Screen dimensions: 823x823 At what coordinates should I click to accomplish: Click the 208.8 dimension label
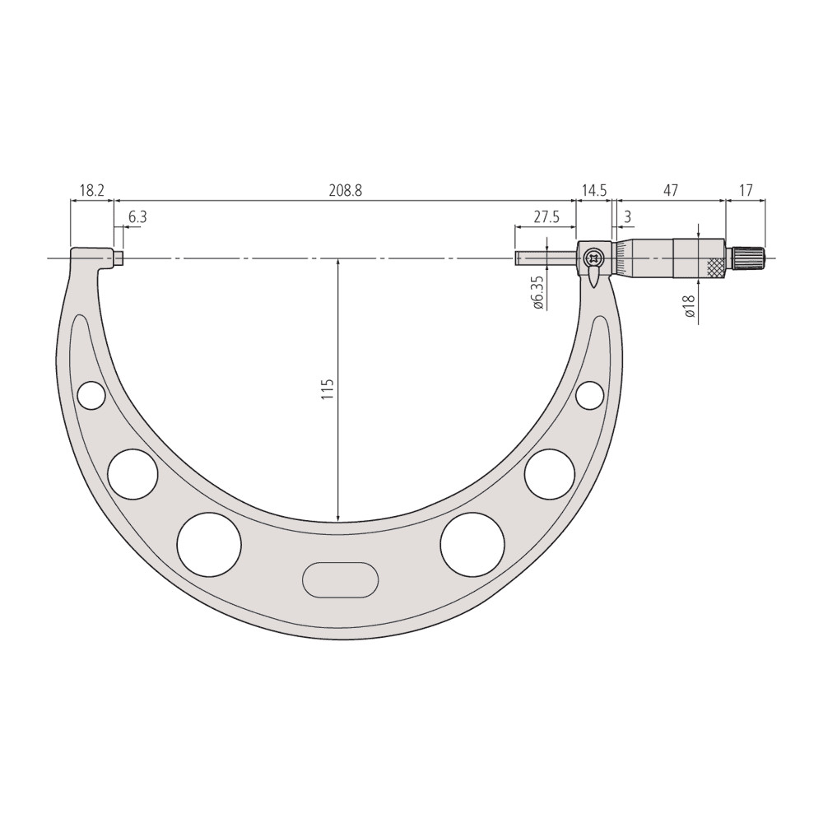click(346, 191)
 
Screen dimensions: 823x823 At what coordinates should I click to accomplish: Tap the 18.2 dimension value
click(91, 191)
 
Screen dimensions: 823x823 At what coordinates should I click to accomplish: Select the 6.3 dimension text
click(137, 217)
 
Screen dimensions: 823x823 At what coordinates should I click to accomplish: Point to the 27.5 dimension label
click(546, 217)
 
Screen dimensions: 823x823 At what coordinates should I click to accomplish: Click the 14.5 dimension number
click(593, 191)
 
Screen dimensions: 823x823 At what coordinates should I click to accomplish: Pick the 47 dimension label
click(670, 191)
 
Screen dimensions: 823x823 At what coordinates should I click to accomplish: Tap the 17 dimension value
click(746, 191)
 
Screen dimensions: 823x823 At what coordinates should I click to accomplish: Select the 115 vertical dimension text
click(327, 389)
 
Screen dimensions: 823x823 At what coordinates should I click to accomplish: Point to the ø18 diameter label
click(689, 306)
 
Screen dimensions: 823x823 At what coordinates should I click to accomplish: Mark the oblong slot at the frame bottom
click(340, 579)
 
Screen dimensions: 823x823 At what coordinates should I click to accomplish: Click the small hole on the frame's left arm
click(91, 396)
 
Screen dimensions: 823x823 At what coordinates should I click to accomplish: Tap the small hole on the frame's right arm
click(589, 395)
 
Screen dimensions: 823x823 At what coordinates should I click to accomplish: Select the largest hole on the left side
click(209, 544)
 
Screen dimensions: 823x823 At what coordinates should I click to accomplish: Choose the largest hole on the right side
click(472, 544)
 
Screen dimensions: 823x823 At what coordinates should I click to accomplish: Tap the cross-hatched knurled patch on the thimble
click(717, 267)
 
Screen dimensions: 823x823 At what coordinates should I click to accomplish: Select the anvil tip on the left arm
click(119, 258)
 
